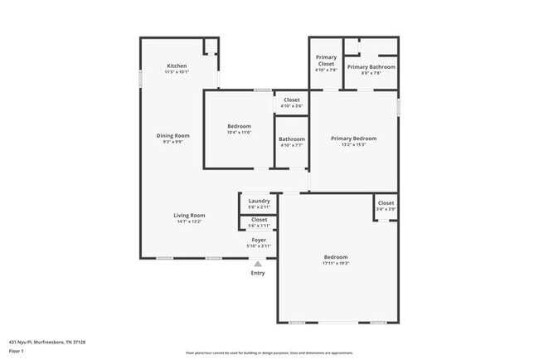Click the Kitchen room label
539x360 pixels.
(x=177, y=66)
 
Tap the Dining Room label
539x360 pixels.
(x=173, y=135)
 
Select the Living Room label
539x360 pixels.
(x=189, y=215)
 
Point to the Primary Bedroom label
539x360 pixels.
(x=353, y=139)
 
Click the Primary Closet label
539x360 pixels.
(x=326, y=61)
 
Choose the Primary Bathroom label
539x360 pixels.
(x=371, y=67)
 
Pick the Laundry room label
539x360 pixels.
(x=259, y=201)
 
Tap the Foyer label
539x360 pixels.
(x=259, y=239)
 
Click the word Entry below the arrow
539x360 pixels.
(x=258, y=273)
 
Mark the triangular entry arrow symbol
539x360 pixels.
(x=258, y=264)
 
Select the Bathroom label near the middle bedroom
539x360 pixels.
(x=291, y=139)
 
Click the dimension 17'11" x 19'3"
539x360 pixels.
(x=336, y=263)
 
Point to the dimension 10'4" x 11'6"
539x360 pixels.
(x=239, y=133)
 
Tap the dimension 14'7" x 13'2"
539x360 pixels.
(x=189, y=221)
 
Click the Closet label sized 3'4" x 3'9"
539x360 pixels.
(x=386, y=202)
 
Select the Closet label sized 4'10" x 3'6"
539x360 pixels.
(x=291, y=100)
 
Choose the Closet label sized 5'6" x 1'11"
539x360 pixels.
(x=259, y=220)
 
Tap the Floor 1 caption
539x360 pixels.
(x=17, y=351)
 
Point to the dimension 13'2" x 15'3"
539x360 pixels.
(x=353, y=145)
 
